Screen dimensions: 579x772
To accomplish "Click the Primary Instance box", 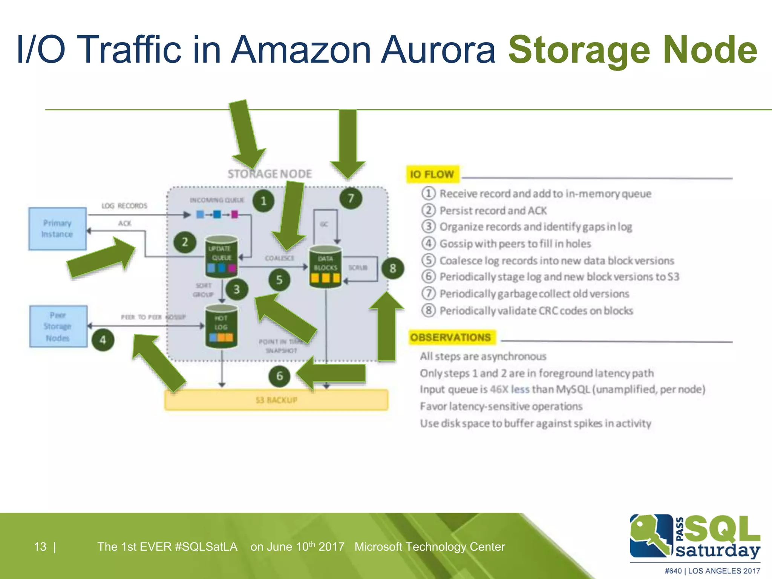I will (57, 228).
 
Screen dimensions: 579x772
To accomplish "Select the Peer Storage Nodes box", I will (58, 326).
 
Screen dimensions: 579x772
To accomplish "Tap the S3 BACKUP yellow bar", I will (276, 400).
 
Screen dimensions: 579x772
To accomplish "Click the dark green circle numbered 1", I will (263, 201).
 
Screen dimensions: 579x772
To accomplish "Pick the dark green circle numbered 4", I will (103, 340).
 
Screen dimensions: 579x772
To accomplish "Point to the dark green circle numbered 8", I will (393, 268).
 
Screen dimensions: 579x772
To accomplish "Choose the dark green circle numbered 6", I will (279, 376).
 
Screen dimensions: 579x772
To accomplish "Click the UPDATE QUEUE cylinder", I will (221, 256).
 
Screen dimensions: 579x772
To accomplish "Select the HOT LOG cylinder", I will (221, 326).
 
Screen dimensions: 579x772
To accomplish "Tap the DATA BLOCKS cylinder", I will (325, 267).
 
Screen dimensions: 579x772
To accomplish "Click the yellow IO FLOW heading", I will (432, 174).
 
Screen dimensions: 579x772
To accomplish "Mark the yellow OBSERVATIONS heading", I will (451, 337).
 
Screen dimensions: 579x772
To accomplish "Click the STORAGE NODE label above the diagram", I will (270, 174).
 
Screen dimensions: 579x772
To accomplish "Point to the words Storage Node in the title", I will (633, 50).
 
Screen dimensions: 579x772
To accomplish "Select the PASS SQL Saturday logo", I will (695, 537).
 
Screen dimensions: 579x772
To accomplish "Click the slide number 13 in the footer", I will (40, 547).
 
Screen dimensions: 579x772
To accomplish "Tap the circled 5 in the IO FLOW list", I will (428, 260).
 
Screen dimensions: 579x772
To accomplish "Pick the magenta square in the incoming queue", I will (234, 214).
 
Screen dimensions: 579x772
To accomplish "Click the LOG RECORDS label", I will (124, 206).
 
